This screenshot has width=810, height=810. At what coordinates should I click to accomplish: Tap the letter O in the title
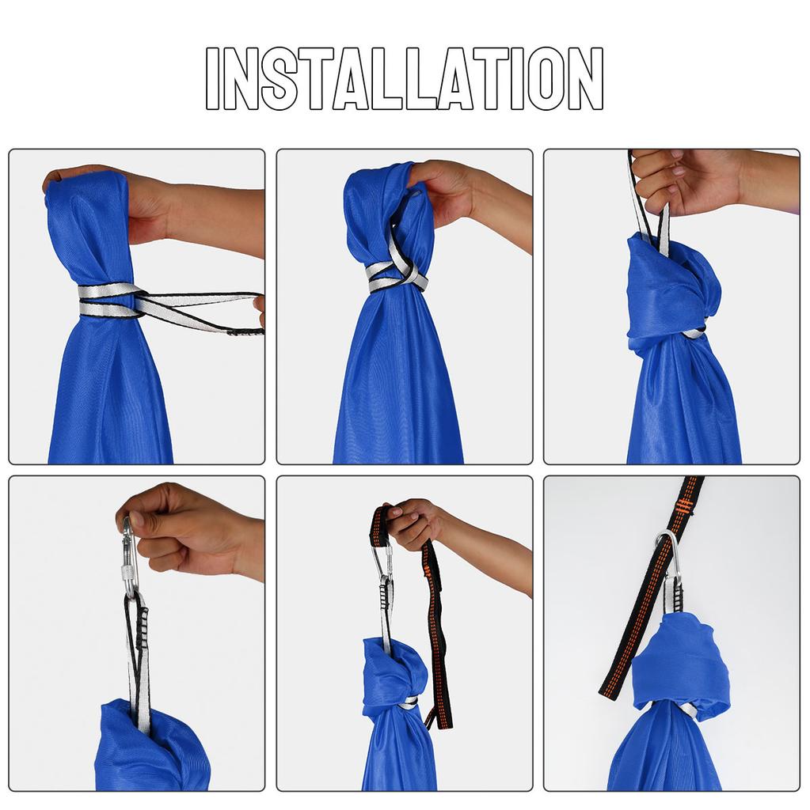point(543,78)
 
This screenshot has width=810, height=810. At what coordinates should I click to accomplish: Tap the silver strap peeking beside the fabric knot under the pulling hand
point(695,333)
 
